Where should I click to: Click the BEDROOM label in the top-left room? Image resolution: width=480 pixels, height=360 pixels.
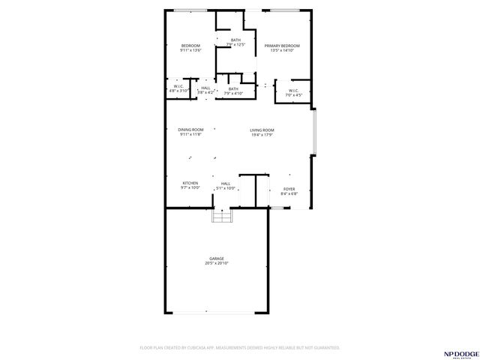pos(190,46)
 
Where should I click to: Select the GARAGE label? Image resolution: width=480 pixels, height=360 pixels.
pos(216,259)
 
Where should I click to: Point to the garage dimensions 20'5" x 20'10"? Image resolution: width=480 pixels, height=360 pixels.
pos(216,263)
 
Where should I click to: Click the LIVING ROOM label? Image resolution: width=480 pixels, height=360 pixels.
pos(262,130)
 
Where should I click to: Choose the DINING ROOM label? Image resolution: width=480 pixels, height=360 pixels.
pos(190,130)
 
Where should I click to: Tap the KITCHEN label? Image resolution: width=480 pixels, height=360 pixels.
pos(190,183)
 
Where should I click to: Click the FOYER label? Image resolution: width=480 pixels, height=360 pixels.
pos(289,189)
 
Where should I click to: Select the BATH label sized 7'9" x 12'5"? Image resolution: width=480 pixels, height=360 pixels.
pos(235,40)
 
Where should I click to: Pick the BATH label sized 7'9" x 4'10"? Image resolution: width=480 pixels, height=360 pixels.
pos(233,88)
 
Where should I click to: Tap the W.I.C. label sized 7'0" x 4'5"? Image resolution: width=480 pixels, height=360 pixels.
pos(293,91)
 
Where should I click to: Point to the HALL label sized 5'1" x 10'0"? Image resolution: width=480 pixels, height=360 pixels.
pos(225,183)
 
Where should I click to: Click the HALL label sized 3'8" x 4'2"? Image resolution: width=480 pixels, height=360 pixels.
pos(205,88)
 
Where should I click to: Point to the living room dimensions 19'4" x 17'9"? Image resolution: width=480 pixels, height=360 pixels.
pos(262,135)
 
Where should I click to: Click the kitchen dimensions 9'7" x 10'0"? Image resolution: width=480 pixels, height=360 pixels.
pos(190,187)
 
